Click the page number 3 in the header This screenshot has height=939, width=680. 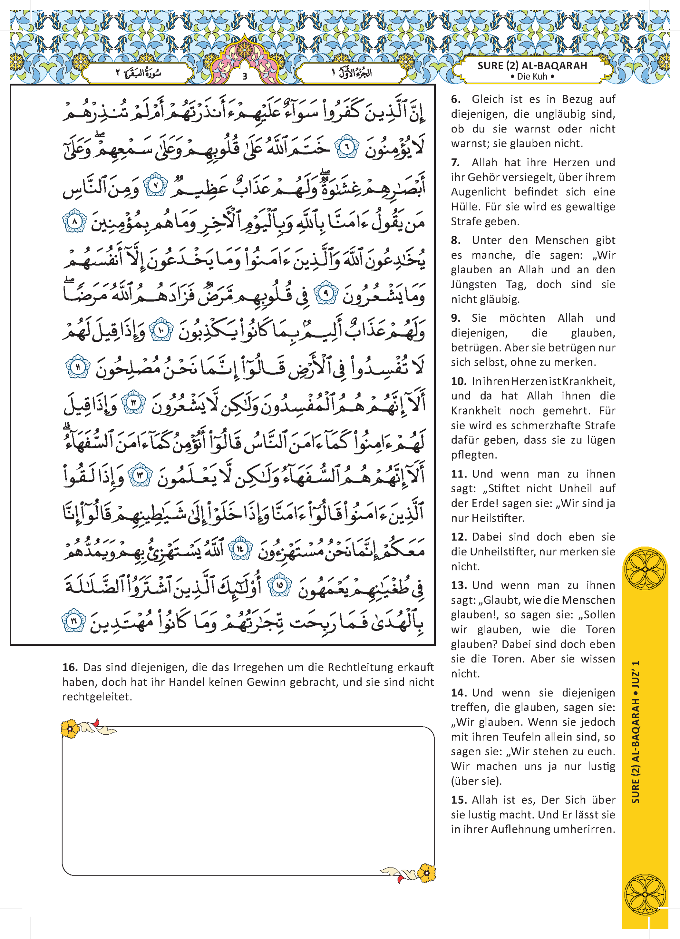click(x=245, y=76)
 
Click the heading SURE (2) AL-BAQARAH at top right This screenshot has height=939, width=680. click(x=532, y=66)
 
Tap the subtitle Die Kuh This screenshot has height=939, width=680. click(x=532, y=77)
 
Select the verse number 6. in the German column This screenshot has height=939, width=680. click(x=456, y=99)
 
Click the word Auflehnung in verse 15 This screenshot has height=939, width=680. click(x=520, y=829)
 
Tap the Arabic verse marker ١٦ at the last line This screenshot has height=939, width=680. click(x=74, y=620)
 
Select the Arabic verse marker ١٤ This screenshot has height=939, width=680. click(x=241, y=549)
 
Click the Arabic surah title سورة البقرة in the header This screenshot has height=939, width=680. click(x=138, y=73)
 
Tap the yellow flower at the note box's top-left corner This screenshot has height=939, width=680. click(x=70, y=728)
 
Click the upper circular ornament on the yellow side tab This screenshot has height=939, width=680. click(x=645, y=570)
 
